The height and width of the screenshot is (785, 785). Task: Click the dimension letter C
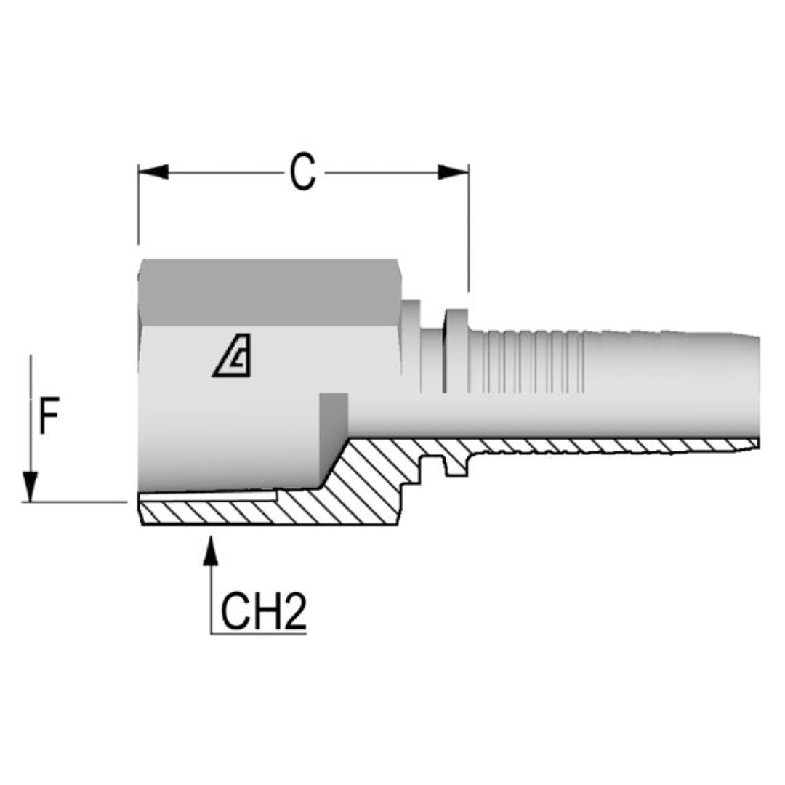[x=302, y=173]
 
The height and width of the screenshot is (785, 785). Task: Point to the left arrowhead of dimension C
[x=153, y=172]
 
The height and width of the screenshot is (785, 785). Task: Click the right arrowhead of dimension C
[x=454, y=172]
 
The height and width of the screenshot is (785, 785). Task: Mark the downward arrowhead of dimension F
[x=30, y=486]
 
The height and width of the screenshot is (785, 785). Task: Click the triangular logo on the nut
[x=233, y=357]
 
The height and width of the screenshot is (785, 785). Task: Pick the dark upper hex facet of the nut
[x=269, y=291]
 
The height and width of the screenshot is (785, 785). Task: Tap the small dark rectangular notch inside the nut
[x=334, y=414]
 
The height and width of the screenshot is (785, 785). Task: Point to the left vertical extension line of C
[x=138, y=207]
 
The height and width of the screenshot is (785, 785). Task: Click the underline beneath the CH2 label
[x=258, y=634]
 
